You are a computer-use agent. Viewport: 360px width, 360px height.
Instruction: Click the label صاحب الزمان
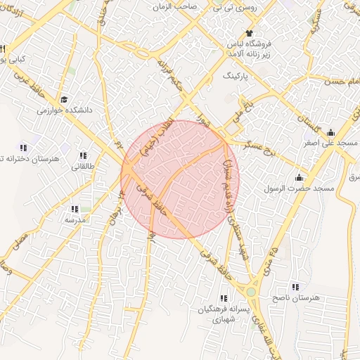pyautogui.click(x=178, y=6)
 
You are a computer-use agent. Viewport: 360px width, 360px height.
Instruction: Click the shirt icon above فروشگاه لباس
pyautogui.click(x=248, y=33)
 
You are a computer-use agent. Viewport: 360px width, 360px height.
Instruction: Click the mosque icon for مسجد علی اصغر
pyautogui.click(x=330, y=133)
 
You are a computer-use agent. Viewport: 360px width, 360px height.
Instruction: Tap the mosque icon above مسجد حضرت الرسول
pyautogui.click(x=300, y=177)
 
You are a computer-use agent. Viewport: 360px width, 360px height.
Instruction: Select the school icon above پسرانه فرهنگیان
pyautogui.click(x=224, y=297)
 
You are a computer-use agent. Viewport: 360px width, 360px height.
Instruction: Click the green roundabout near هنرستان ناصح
pyautogui.click(x=250, y=290)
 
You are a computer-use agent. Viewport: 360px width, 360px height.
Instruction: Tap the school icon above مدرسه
pyautogui.click(x=75, y=209)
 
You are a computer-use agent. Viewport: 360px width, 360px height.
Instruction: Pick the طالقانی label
pyautogui.click(x=83, y=166)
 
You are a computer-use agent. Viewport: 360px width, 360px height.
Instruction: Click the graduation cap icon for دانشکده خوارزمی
pyautogui.click(x=64, y=100)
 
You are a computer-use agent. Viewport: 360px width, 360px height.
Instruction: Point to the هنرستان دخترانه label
pyautogui.click(x=32, y=158)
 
